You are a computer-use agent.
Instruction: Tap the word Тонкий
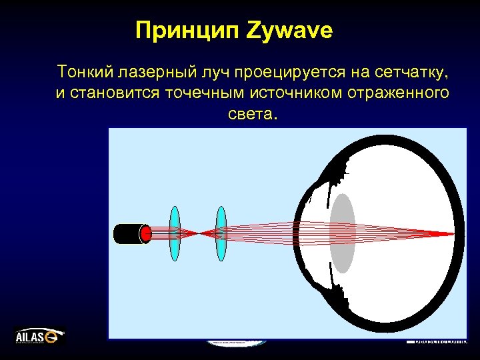point(83,71)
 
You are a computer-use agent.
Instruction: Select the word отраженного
point(399,93)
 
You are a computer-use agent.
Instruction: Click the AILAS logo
point(39,336)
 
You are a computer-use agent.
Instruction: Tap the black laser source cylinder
point(128,233)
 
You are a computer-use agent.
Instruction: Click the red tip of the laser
point(146,233)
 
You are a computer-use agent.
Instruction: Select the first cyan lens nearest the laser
point(175,233)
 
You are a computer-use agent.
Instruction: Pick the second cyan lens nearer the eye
point(221,233)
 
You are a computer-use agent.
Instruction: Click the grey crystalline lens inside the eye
point(342,233)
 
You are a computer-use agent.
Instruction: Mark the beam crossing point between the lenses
point(198,233)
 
